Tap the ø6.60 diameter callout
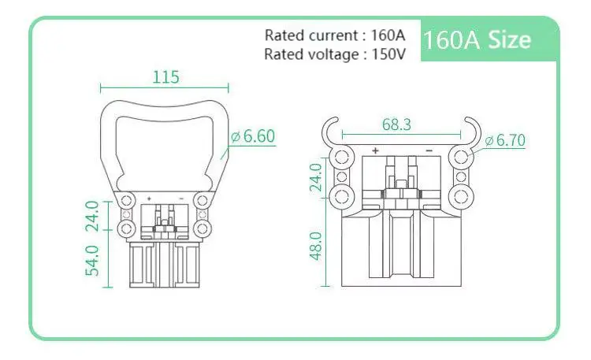pos(252,136)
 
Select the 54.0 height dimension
pos(91,260)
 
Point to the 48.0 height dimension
pos(315,247)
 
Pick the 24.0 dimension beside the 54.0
pos(91,217)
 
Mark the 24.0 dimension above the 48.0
pos(315,177)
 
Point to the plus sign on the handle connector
pos(148,198)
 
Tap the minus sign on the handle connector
pos(182,198)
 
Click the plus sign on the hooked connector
pos(375,150)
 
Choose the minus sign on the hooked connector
pos(428,150)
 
